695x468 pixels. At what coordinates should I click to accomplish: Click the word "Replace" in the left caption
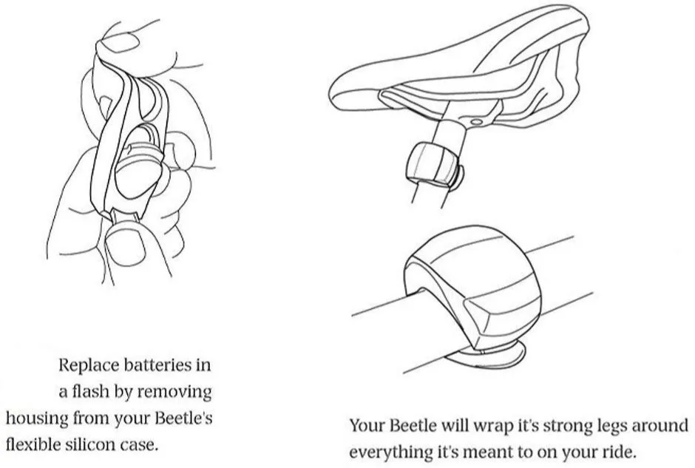pyautogui.click(x=88, y=365)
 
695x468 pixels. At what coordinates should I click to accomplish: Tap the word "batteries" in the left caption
pyautogui.click(x=157, y=365)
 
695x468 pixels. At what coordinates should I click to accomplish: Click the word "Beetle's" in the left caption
pyautogui.click(x=183, y=418)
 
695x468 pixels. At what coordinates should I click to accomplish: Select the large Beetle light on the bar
pyautogui.click(x=472, y=288)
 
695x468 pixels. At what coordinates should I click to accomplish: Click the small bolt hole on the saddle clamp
pyautogui.click(x=476, y=121)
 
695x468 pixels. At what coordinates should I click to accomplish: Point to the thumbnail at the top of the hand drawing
pyautogui.click(x=120, y=44)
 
